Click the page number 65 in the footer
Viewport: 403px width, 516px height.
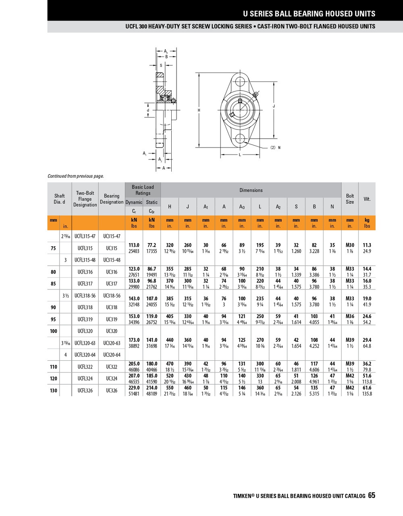pyautogui.click(x=371, y=495)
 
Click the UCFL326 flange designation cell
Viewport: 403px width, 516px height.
pyautogui.click(x=85, y=390)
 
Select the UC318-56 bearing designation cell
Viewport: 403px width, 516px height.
pyautogui.click(x=112, y=295)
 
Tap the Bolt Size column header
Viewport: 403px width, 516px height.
pyautogui.click(x=350, y=199)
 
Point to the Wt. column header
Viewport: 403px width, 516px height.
pyautogui.click(x=367, y=199)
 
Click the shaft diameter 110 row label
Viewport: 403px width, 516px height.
pyautogui.click(x=54, y=366)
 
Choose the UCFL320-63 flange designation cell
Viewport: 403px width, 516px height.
pyautogui.click(x=85, y=343)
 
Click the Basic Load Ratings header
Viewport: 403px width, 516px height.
pyautogui.click(x=143, y=190)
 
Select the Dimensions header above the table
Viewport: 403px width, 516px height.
pyautogui.click(x=251, y=190)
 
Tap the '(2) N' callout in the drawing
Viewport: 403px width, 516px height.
pyautogui.click(x=275, y=148)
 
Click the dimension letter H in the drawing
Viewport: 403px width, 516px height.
pyautogui.click(x=199, y=110)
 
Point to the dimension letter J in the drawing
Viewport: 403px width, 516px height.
pyautogui.click(x=274, y=106)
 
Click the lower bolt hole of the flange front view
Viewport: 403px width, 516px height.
pyautogui.click(x=240, y=138)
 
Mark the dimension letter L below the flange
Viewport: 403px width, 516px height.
pyautogui.click(x=240, y=155)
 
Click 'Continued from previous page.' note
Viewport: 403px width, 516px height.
pyautogui.click(x=76, y=176)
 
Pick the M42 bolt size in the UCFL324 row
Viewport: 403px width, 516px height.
pyautogui.click(x=350, y=375)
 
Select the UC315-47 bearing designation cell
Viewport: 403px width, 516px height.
pyautogui.click(x=112, y=236)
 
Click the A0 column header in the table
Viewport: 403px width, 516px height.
pyautogui.click(x=242, y=207)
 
